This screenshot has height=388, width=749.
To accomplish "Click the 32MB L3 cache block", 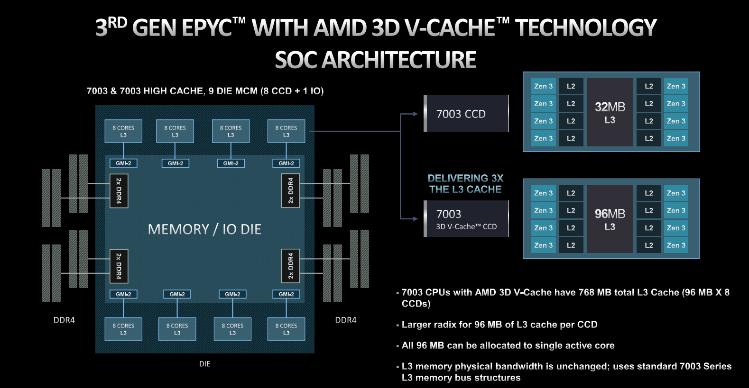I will (610, 112).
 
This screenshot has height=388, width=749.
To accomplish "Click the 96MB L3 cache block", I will (610, 219).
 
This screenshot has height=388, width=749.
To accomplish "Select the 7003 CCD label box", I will (466, 114).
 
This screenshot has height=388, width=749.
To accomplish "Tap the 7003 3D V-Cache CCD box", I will (466, 219).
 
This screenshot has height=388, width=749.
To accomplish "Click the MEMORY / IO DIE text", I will (204, 229).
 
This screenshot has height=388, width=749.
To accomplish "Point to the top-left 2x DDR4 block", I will (119, 191).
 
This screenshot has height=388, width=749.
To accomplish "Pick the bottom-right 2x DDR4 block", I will (291, 266).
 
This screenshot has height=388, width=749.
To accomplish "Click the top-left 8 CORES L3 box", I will (123, 131).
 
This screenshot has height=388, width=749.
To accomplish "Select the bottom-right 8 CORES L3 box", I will (286, 329).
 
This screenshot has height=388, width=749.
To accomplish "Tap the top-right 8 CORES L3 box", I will (286, 131).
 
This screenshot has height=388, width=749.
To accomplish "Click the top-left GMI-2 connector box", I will (123, 163).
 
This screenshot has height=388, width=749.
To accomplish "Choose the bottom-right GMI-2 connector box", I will (286, 294).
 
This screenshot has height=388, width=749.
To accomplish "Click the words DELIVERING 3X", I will (465, 178).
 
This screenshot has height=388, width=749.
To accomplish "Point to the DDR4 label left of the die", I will (64, 320).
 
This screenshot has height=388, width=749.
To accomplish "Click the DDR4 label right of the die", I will (345, 320).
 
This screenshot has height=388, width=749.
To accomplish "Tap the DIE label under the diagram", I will (204, 364).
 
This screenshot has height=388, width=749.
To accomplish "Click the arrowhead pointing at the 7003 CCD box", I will (415, 114).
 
